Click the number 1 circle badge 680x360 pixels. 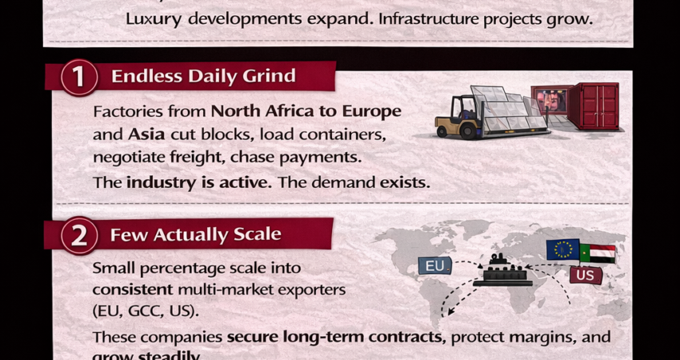coord(78,78)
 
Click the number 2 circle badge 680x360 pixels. coord(78,235)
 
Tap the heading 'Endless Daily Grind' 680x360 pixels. coord(203,77)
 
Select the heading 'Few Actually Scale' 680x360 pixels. coord(196,234)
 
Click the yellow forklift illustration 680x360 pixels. coord(458,118)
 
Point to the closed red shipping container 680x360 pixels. coord(593,106)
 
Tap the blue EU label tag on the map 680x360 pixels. coord(435,265)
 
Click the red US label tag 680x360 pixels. coord(586,276)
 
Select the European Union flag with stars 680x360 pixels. coord(563,250)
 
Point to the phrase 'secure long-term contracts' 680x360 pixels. coord(336,337)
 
